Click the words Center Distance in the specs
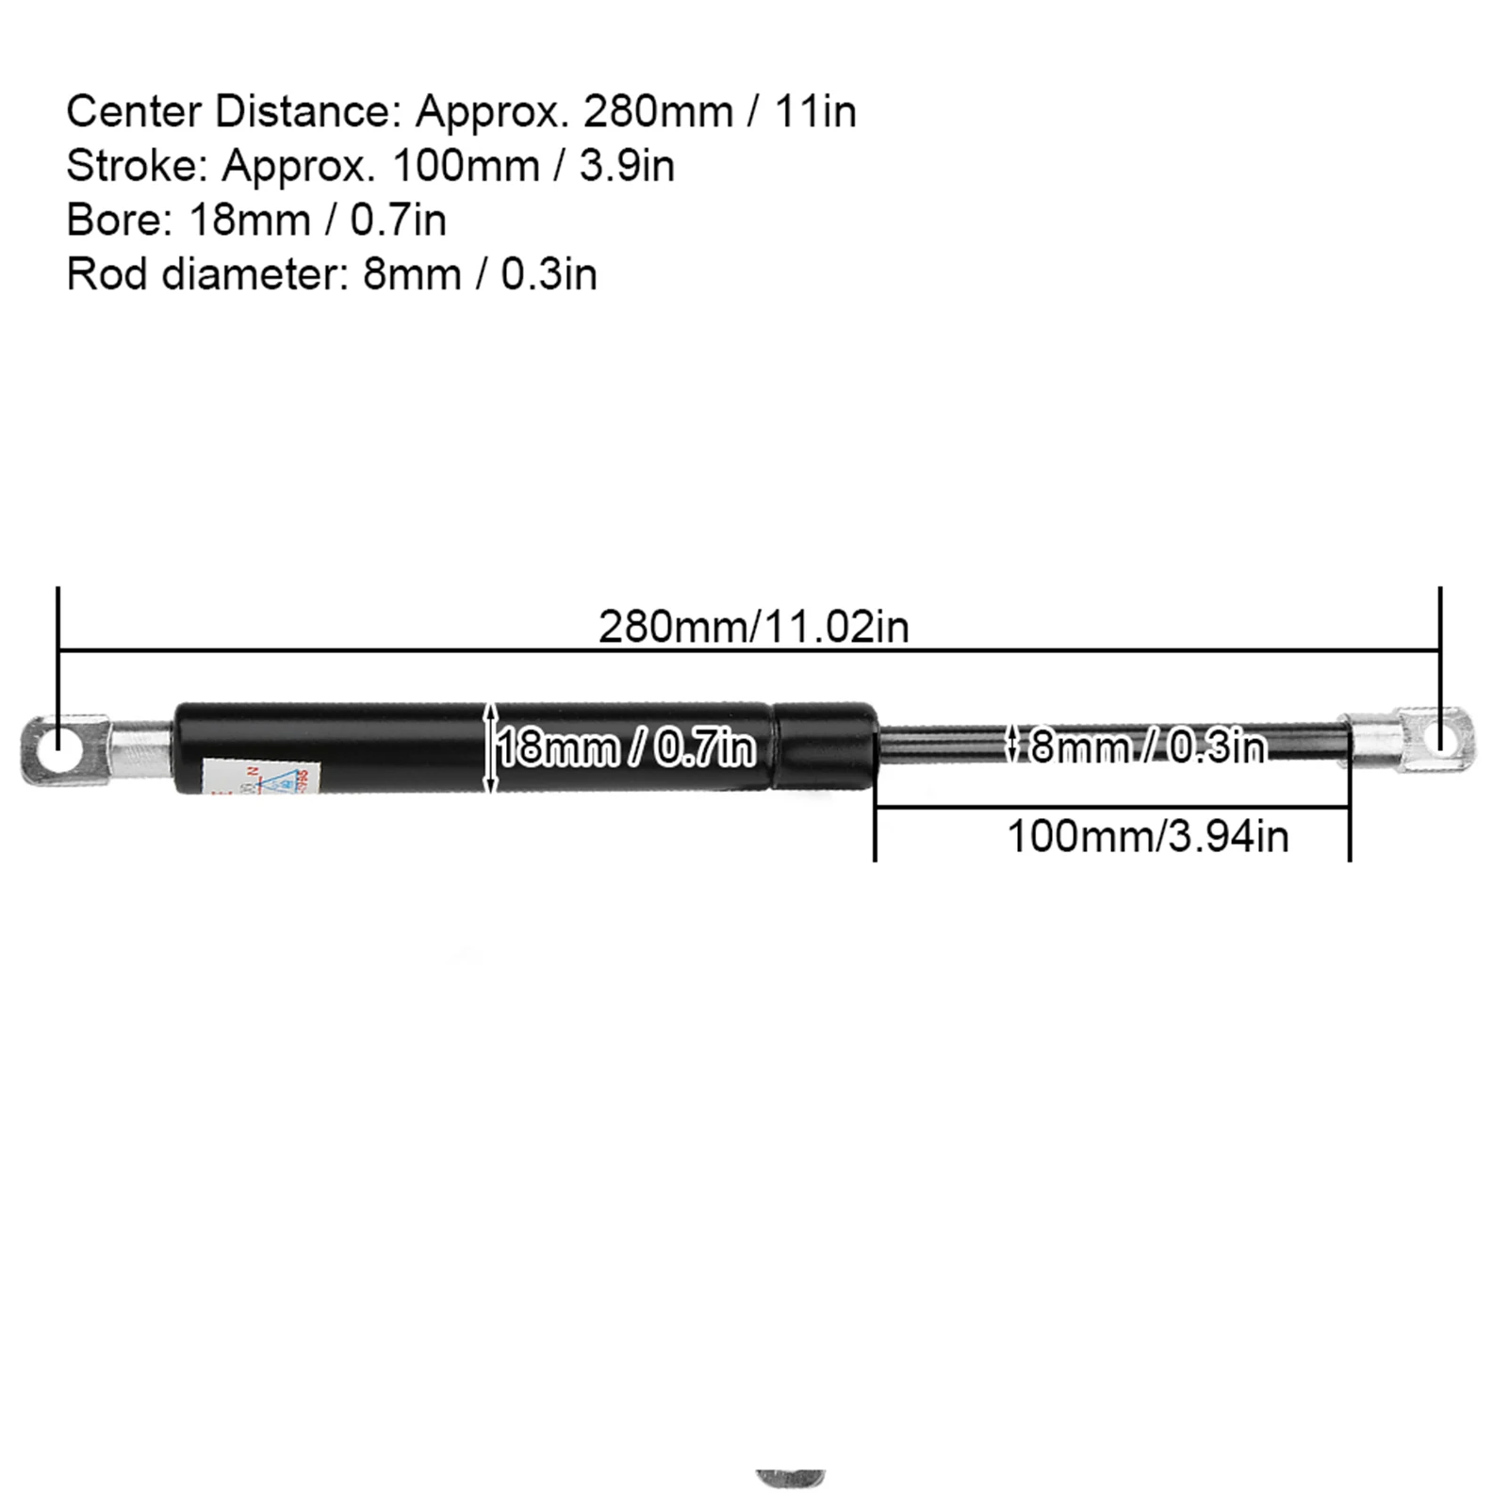(x=226, y=112)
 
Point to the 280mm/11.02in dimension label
(x=753, y=627)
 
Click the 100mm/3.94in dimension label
(x=1147, y=836)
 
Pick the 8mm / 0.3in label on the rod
(x=1147, y=746)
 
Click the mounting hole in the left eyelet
(x=57, y=737)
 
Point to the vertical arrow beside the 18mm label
(x=489, y=747)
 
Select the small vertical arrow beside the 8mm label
(x=1012, y=744)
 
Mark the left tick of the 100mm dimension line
(x=875, y=829)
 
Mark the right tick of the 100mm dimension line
(x=1350, y=829)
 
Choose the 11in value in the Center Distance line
(x=815, y=112)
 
